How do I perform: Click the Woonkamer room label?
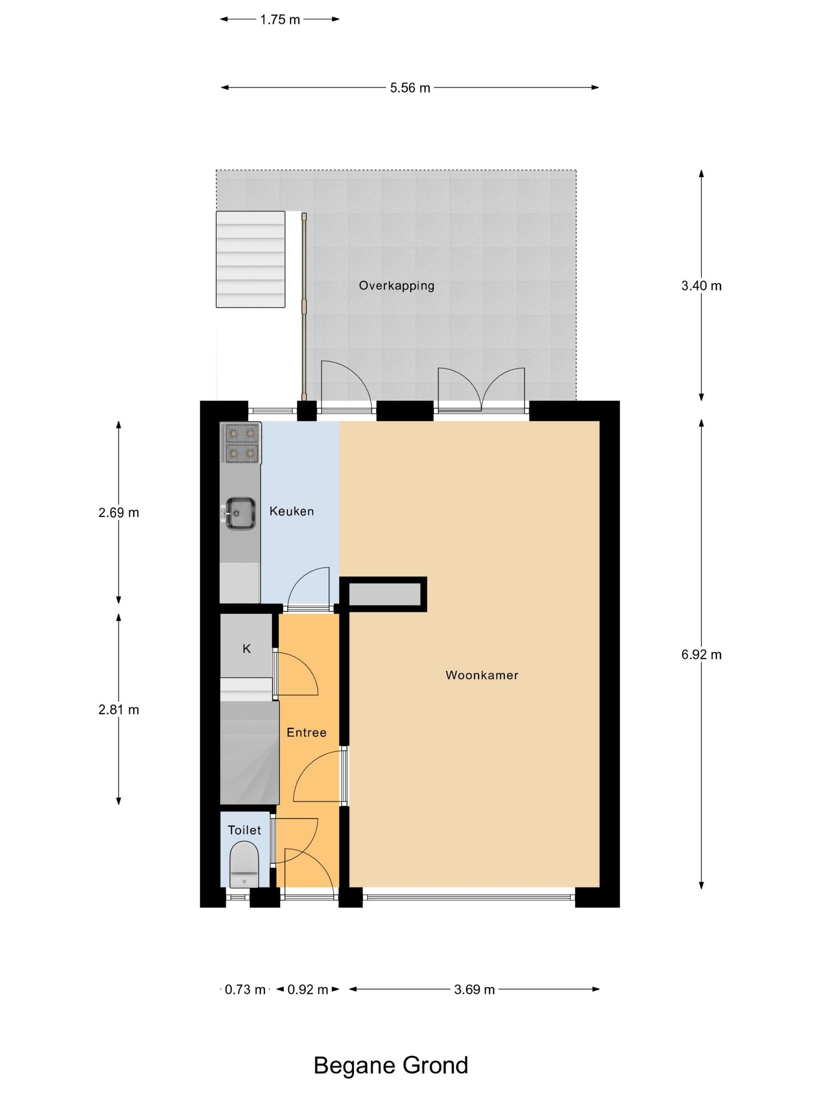click(482, 675)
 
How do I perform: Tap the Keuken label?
click(292, 511)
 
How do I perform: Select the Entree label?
click(307, 732)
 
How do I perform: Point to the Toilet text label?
click(244, 830)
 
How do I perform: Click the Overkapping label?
click(396, 286)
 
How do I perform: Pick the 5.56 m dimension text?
click(410, 88)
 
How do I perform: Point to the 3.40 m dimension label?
click(701, 286)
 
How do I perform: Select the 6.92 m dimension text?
click(701, 655)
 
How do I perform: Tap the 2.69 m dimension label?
click(119, 513)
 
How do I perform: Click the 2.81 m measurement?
click(119, 710)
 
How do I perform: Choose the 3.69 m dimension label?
click(474, 990)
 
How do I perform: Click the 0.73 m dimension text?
click(245, 990)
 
